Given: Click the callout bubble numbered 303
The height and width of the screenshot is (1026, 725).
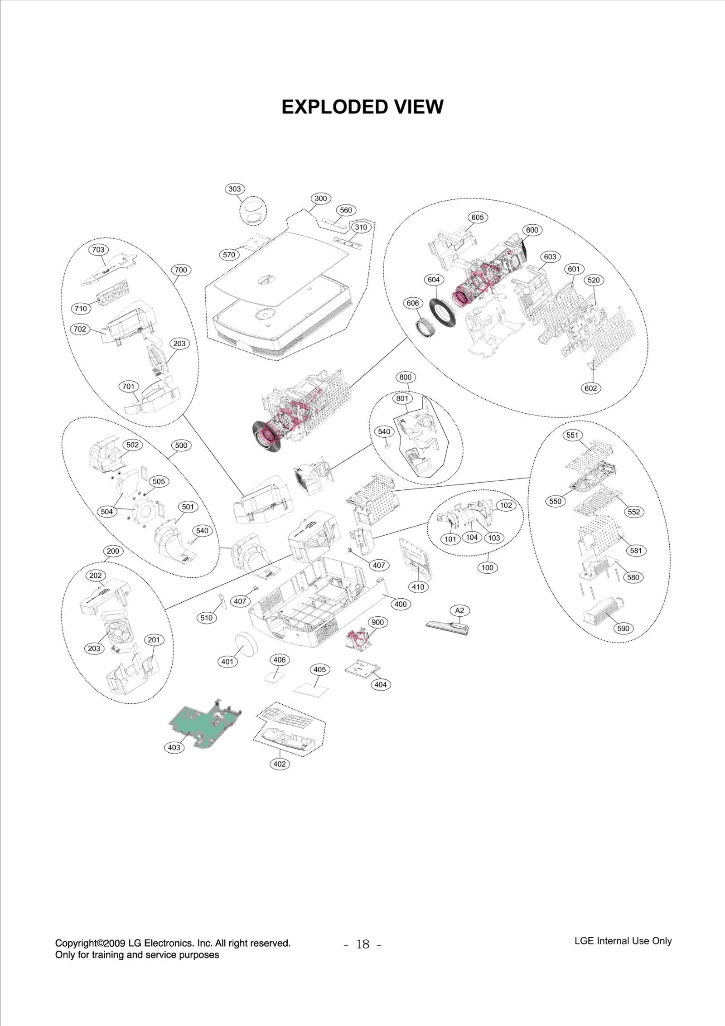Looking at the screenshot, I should (235, 189).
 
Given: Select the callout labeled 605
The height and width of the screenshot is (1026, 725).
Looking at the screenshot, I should (478, 217).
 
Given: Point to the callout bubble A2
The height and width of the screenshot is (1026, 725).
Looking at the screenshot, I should (459, 610).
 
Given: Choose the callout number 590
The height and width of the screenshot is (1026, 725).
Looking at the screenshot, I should (623, 628).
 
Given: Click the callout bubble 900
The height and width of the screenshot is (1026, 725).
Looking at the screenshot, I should (377, 622).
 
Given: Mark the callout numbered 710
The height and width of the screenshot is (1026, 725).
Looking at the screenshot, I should (81, 309).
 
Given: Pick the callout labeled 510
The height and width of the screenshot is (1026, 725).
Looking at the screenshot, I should (207, 617).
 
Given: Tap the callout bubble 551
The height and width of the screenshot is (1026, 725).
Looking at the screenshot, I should (572, 435).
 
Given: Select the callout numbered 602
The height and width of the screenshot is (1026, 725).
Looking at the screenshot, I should (591, 388).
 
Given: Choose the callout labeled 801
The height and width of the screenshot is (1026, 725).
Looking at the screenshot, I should (402, 398).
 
